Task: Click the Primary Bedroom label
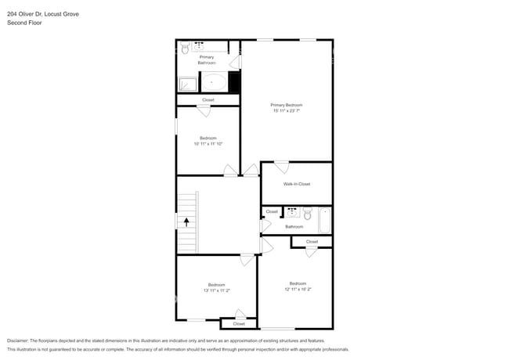pyautogui.click(x=286, y=105)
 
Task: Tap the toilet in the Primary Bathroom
pyautogui.click(x=185, y=49)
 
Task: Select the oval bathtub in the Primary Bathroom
pyautogui.click(x=213, y=81)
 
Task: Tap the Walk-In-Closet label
pyautogui.click(x=297, y=184)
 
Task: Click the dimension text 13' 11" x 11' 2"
pyautogui.click(x=216, y=290)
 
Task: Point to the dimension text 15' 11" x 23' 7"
pyautogui.click(x=286, y=111)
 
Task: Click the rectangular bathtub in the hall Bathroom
pyautogui.click(x=325, y=220)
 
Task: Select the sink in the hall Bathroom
pyautogui.click(x=291, y=211)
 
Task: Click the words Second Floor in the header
pyautogui.click(x=24, y=23)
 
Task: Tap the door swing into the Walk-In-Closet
pyautogui.click(x=281, y=167)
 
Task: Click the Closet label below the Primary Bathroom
pyautogui.click(x=208, y=100)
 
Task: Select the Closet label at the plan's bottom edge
pyautogui.click(x=239, y=323)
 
